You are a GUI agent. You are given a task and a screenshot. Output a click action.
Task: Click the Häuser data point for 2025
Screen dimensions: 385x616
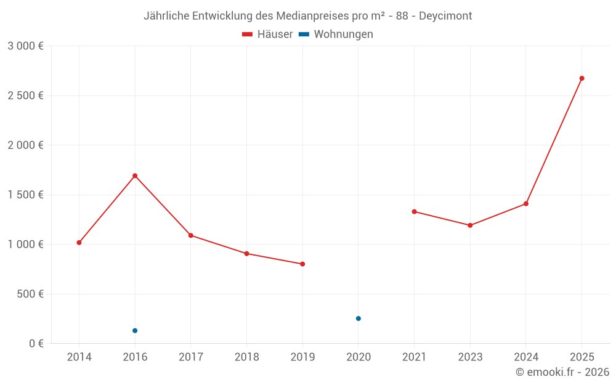pos(582,78)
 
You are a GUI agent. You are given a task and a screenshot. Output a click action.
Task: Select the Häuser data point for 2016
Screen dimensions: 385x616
pos(135,176)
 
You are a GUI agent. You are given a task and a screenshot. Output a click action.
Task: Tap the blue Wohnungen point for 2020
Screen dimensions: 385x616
pos(359,318)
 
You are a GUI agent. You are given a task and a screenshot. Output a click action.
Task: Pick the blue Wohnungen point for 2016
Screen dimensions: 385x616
pos(135,331)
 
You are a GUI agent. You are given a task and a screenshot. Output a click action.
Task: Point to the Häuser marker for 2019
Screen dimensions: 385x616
pos(302,264)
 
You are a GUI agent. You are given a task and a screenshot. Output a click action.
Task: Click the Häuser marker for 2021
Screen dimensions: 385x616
pos(415,212)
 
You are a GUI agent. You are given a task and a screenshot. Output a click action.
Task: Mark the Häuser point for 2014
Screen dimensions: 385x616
pos(79,243)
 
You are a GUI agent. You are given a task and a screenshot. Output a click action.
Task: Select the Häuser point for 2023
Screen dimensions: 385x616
pos(470,225)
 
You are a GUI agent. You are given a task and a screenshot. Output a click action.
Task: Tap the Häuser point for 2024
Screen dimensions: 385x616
pos(526,204)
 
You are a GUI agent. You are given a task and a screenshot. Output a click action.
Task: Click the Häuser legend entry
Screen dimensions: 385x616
pos(268,34)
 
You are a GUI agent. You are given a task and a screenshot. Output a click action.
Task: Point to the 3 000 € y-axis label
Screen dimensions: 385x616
pos(25,46)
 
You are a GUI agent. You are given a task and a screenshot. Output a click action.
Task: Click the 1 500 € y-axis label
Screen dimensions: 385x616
pos(25,195)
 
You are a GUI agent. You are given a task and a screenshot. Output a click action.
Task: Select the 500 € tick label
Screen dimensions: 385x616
pos(30,294)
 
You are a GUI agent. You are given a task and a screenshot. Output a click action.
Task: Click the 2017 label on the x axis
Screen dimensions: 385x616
pos(191,357)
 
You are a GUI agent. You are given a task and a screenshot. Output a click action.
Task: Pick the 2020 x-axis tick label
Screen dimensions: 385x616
pos(359,357)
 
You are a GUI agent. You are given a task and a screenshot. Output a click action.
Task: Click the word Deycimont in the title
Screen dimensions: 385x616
pos(445,16)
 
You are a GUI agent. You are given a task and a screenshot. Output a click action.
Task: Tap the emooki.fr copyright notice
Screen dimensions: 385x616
pos(562,372)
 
